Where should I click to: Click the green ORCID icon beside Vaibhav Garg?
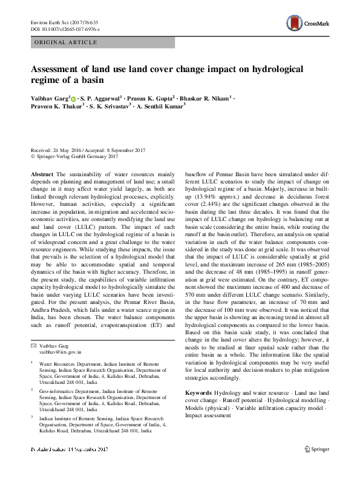[x=74, y=98]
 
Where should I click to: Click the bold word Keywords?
[x=198, y=393]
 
